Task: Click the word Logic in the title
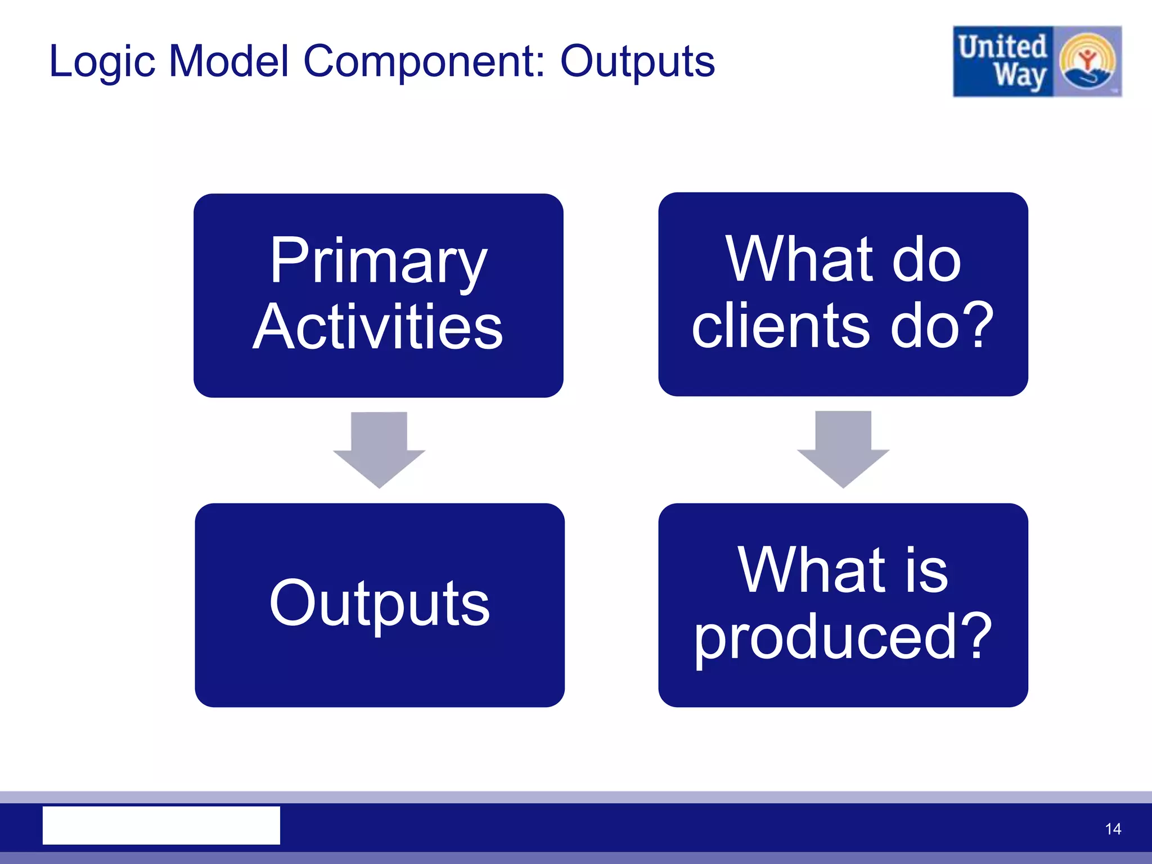[x=102, y=62]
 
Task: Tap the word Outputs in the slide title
[x=637, y=62]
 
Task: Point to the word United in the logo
[x=1002, y=47]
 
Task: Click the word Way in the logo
[x=1019, y=76]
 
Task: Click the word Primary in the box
[x=378, y=261]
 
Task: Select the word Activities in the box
[x=378, y=327]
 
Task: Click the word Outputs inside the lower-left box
[x=380, y=603]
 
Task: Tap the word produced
[x=825, y=637]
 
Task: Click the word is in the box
[x=926, y=571]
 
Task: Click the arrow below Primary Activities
[x=379, y=449]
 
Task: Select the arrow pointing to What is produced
[x=843, y=448]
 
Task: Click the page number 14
[x=1113, y=829]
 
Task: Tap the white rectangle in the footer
[x=161, y=825]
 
